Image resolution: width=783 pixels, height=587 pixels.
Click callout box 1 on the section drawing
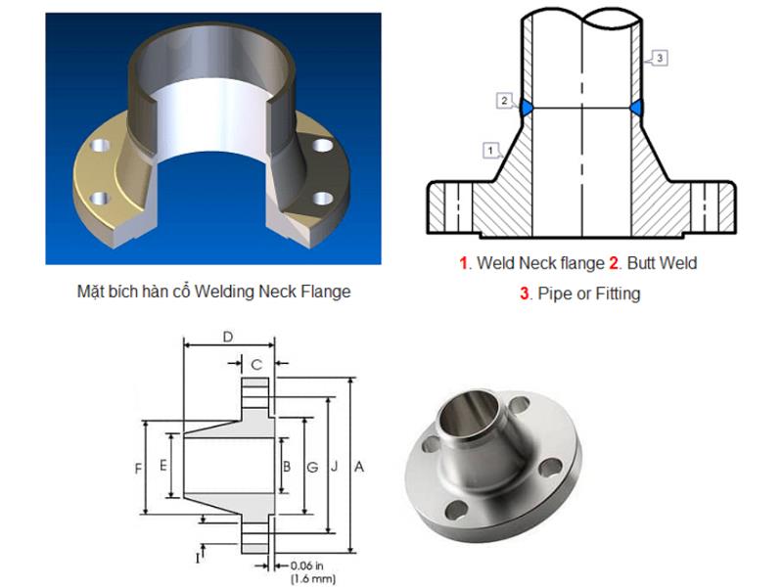pyautogui.click(x=490, y=151)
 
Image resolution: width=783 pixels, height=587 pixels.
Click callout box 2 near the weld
pyautogui.click(x=504, y=101)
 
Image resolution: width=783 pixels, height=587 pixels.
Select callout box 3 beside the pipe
pyautogui.click(x=660, y=58)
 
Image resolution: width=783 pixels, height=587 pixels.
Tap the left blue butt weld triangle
pyautogui.click(x=527, y=108)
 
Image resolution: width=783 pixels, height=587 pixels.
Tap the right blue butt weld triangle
pyautogui.click(x=636, y=108)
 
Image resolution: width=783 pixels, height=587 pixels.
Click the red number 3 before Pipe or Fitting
pyautogui.click(x=524, y=293)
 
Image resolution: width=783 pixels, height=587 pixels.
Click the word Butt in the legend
pyautogui.click(x=642, y=263)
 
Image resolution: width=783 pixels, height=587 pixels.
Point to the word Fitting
pyautogui.click(x=618, y=293)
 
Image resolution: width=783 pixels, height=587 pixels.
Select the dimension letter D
pyautogui.click(x=228, y=337)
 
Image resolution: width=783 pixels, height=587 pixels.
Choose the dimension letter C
pyautogui.click(x=256, y=364)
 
